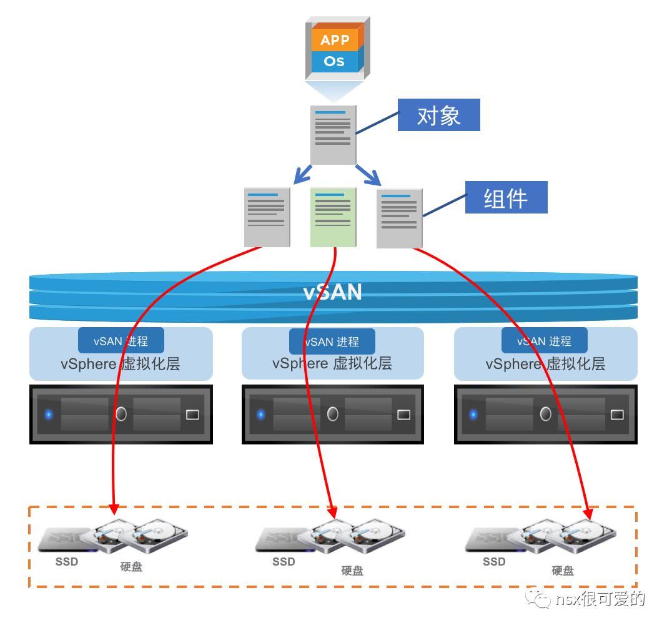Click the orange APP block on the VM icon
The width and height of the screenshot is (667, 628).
click(x=334, y=40)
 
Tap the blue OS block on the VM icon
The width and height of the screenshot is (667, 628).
click(x=334, y=61)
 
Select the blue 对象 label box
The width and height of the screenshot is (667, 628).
click(x=438, y=115)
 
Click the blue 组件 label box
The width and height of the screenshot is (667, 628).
click(x=506, y=197)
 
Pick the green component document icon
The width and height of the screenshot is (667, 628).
click(x=333, y=217)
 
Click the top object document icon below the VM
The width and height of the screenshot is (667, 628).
click(x=333, y=135)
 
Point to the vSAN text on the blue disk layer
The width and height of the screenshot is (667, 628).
click(x=333, y=292)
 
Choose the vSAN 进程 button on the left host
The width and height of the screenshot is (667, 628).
click(x=121, y=341)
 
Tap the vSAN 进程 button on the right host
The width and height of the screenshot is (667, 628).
click(x=545, y=341)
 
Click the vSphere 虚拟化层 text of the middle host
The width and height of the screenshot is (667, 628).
click(x=332, y=363)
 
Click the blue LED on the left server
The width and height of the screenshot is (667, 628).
click(x=49, y=415)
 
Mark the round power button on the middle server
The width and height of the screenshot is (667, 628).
click(x=333, y=414)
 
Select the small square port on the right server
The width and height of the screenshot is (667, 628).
click(x=617, y=414)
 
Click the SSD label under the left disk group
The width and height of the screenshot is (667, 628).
click(x=67, y=562)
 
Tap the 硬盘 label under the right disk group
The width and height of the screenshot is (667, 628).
click(x=562, y=570)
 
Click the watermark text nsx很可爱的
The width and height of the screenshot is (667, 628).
click(x=600, y=599)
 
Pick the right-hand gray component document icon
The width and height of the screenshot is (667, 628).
click(x=400, y=218)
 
